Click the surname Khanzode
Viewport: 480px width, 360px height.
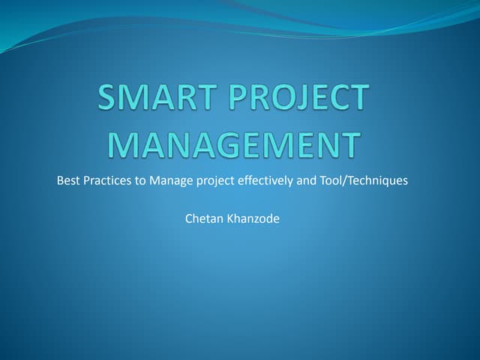[x=252, y=219]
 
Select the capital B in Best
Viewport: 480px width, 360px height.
[x=60, y=180]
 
